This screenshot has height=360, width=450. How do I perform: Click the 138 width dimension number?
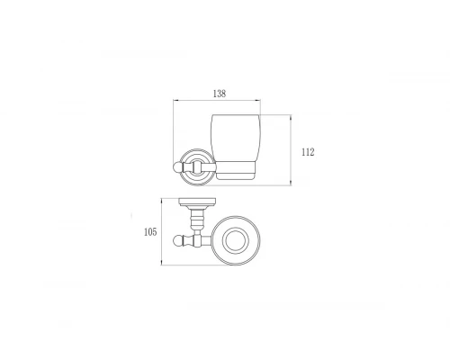click(x=220, y=93)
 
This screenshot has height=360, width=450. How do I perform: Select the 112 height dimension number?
click(x=308, y=152)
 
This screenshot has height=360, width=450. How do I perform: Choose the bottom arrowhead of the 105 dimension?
click(x=161, y=264)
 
